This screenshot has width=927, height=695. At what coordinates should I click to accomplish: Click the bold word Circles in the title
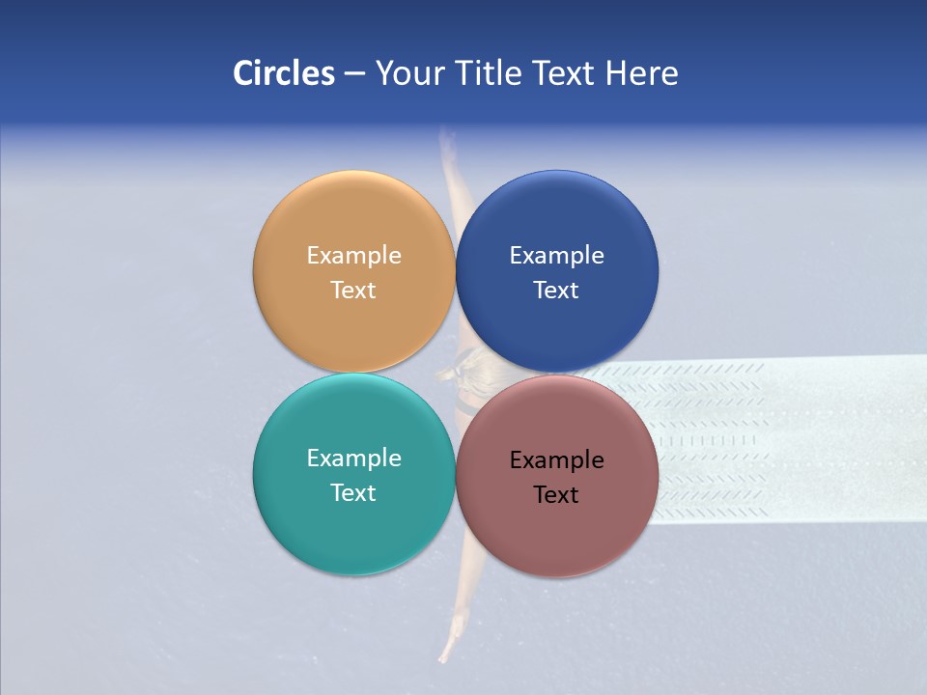284,73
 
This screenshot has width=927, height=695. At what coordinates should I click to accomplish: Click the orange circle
353,217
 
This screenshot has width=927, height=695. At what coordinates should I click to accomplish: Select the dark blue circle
557,217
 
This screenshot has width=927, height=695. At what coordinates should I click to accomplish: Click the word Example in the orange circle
353,256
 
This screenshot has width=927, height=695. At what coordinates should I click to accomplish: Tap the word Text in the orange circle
353,291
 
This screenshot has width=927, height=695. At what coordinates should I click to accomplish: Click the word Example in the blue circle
556,256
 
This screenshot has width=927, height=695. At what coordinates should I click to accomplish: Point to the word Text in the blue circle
556,291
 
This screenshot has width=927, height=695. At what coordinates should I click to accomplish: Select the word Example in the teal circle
353,459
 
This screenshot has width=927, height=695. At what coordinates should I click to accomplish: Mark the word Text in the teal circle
353,493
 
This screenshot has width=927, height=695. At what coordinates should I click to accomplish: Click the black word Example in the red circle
556,460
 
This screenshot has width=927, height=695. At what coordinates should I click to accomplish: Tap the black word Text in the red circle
556,495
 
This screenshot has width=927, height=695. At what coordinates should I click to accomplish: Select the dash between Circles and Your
354,74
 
